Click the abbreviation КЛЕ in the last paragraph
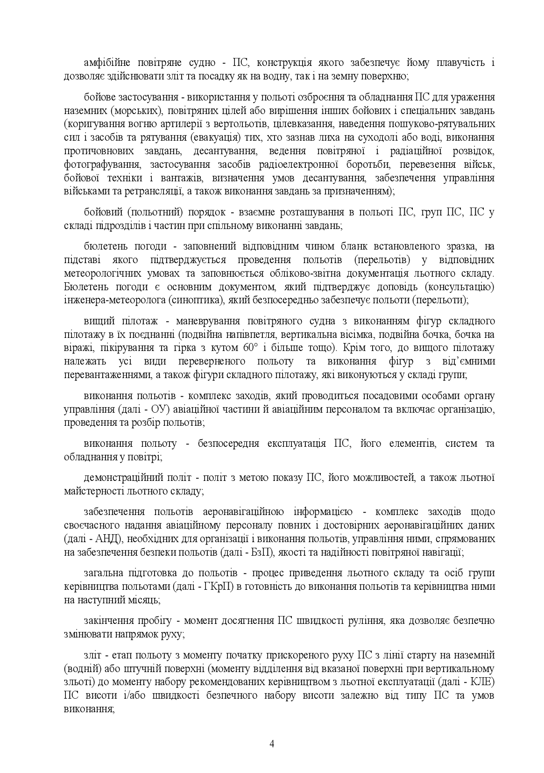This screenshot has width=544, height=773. click(x=483, y=682)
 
